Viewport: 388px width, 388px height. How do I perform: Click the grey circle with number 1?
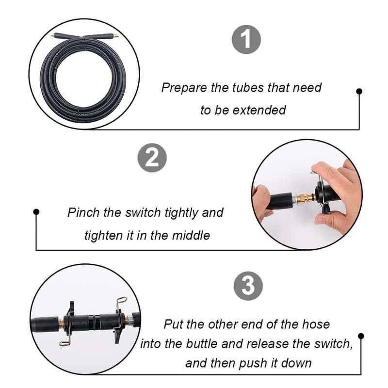pos(246,40)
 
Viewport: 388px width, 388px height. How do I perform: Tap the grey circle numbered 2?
pos(152,158)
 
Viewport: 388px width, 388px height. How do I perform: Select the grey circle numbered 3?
pos(248,286)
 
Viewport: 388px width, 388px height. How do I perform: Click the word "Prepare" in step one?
pos(184,88)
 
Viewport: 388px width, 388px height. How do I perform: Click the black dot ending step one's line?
pos(359,91)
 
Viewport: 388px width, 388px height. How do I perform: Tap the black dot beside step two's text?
pos(36,212)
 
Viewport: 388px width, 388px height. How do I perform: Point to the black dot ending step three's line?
pos(361,336)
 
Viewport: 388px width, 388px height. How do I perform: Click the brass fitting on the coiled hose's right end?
pos(116,36)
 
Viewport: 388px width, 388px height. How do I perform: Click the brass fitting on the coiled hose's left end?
pos(53,35)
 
